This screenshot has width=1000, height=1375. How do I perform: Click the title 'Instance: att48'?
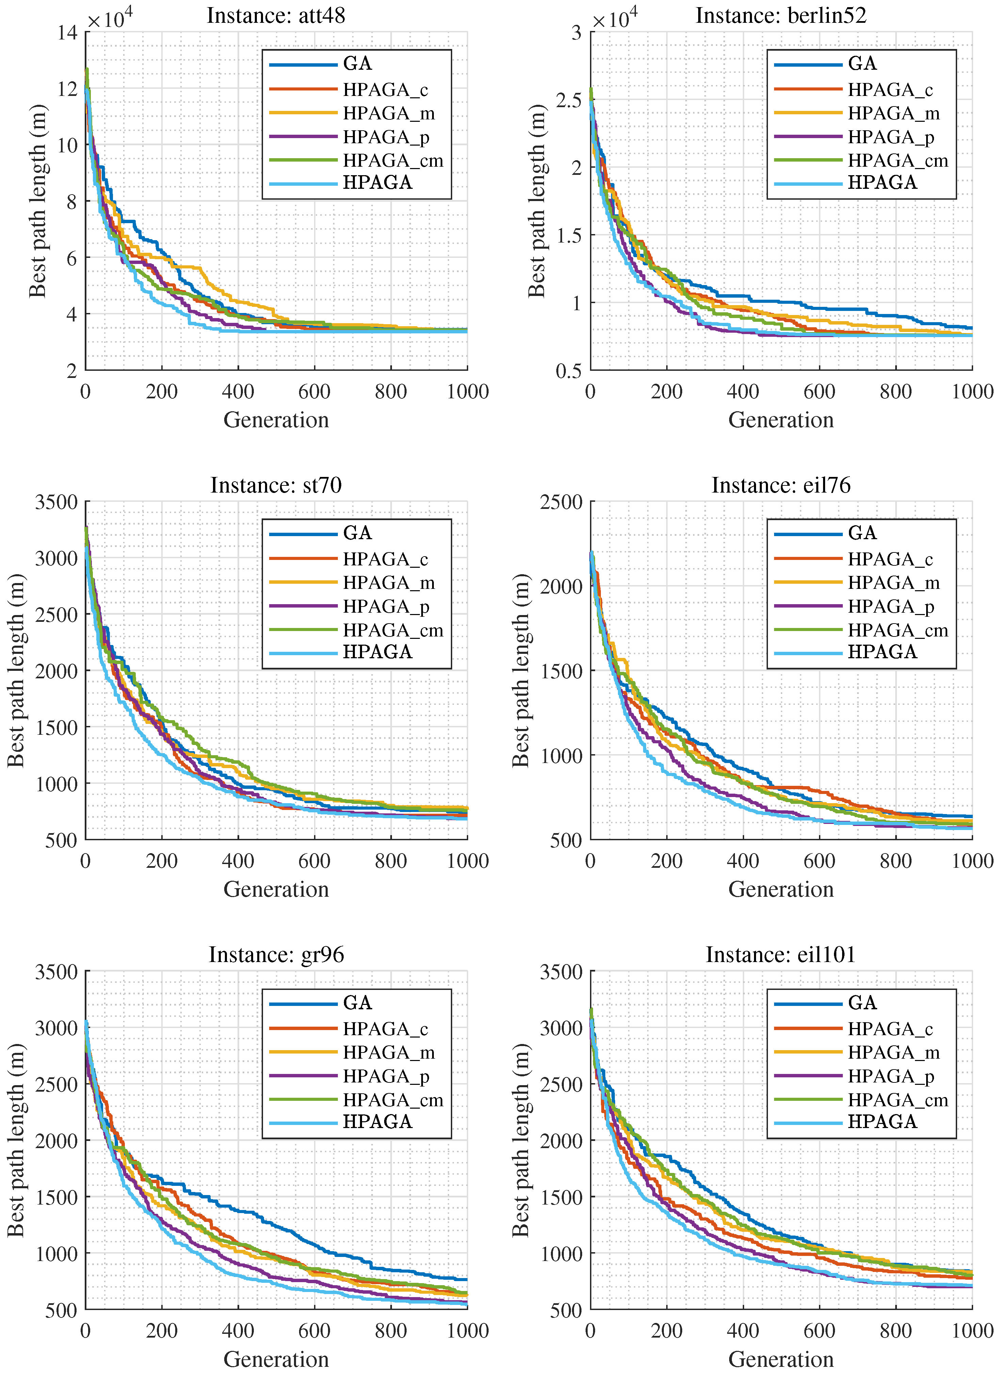pyautogui.click(x=276, y=15)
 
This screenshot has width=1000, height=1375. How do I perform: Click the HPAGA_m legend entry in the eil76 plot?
pyautogui.click(x=893, y=583)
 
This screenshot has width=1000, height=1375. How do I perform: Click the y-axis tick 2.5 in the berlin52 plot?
pyautogui.click(x=568, y=100)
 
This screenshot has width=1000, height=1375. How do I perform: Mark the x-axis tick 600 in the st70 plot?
pyautogui.click(x=314, y=861)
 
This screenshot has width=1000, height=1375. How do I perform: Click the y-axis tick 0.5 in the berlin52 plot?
pyautogui.click(x=568, y=371)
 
